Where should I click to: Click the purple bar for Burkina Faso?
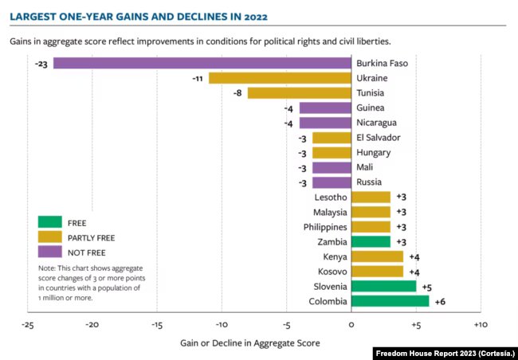tap(202, 63)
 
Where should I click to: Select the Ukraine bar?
tap(280, 78)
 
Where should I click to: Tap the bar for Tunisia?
tap(300, 93)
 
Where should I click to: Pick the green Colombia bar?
tap(390, 301)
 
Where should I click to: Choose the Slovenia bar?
tap(383, 286)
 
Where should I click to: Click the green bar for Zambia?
tap(371, 241)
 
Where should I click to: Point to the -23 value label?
tap(42, 63)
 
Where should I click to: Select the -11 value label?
tap(198, 78)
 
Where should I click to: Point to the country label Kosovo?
tap(330, 272)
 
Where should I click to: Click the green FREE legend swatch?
tap(49, 222)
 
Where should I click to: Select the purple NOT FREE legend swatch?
tap(49, 252)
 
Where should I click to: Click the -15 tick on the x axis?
tap(156, 325)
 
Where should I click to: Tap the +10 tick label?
tap(480, 325)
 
